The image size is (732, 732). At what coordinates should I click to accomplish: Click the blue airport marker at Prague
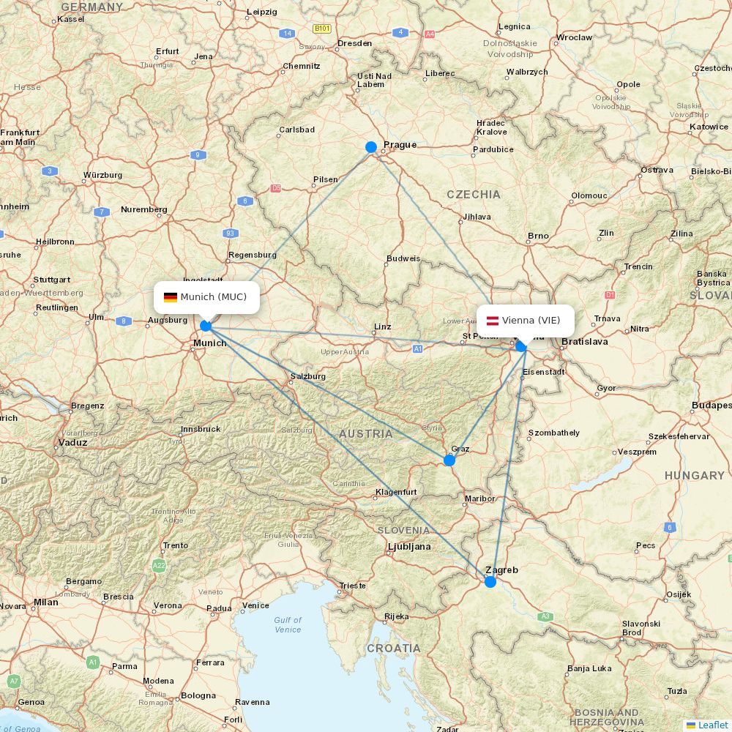pos(371,147)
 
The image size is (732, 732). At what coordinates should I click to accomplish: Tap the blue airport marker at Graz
pos(449,460)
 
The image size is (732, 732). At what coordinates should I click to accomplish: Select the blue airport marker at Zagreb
pos(490,582)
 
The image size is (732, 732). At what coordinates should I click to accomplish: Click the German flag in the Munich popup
pos(171,297)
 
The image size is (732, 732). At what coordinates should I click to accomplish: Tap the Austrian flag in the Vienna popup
pos(493,321)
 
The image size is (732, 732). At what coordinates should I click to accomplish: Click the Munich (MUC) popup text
pos(214,296)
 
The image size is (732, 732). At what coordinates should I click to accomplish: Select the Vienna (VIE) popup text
pos(531,321)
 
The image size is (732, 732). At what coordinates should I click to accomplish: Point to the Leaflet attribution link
pos(712,725)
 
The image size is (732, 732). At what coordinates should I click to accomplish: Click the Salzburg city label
pos(307,376)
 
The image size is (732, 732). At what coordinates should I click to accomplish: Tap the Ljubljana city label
pos(408,547)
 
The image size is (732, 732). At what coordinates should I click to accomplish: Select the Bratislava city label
pos(585,342)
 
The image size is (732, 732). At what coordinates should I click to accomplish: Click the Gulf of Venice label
pos(288,624)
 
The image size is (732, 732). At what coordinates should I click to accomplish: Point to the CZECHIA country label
pos(474,194)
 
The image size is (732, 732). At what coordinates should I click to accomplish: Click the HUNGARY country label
pos(694,476)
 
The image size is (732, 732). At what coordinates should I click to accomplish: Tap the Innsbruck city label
pos(201,429)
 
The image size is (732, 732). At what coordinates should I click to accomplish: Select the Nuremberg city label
pos(144,209)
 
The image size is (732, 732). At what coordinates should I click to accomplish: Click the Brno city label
pos(538,236)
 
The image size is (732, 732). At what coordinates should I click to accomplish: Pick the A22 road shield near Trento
pos(159,566)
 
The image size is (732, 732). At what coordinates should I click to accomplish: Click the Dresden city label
pos(355,43)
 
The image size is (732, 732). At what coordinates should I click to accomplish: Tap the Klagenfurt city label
pos(396,492)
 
